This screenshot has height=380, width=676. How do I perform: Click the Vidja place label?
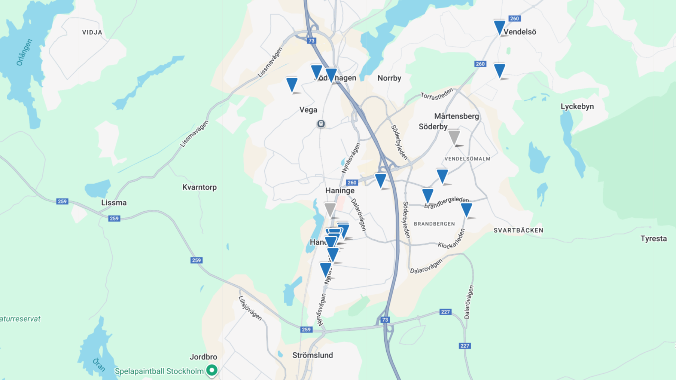point(92,33)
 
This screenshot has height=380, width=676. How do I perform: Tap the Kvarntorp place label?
point(199,187)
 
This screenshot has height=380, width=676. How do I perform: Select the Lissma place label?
point(114,203)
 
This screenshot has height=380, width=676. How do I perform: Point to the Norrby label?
point(389,78)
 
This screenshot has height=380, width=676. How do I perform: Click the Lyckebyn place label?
point(577,107)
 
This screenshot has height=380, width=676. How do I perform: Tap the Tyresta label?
point(653,239)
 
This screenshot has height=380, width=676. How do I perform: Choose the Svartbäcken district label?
point(518,230)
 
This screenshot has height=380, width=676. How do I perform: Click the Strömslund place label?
point(313,355)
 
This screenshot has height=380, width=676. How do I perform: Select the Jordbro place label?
point(203,357)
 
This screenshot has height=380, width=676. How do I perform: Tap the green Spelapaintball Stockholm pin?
point(212,370)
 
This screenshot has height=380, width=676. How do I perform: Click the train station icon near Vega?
point(321,124)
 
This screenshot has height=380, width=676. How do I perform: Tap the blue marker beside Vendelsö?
point(499,27)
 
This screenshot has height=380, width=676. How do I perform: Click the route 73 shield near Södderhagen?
point(311,41)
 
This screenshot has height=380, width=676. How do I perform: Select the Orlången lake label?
point(24,52)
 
